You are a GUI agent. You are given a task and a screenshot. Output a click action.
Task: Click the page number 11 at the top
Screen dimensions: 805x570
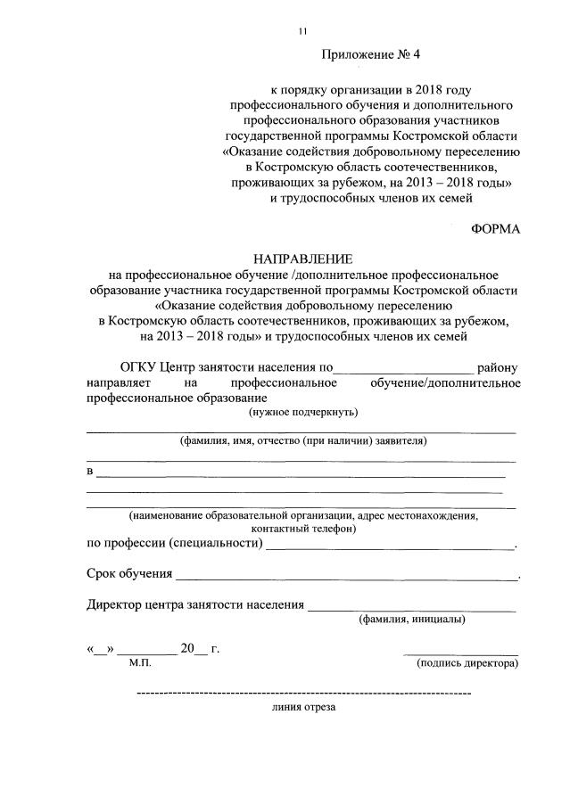302,32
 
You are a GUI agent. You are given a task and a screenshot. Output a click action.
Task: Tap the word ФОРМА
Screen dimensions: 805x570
495,228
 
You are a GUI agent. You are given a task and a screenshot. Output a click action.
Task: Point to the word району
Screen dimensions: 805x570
498,367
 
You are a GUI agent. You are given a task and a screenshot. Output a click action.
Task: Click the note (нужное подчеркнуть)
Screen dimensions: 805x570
302,412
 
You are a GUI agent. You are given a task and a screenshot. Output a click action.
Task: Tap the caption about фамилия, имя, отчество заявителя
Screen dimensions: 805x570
302,440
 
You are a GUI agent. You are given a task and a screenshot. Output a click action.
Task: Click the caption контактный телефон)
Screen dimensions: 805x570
302,528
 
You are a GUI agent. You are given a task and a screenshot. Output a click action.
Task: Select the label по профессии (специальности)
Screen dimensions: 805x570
175,544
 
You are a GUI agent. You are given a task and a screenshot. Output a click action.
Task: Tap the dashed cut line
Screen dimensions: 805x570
303,692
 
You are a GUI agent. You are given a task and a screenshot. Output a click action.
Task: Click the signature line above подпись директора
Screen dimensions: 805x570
460,653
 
